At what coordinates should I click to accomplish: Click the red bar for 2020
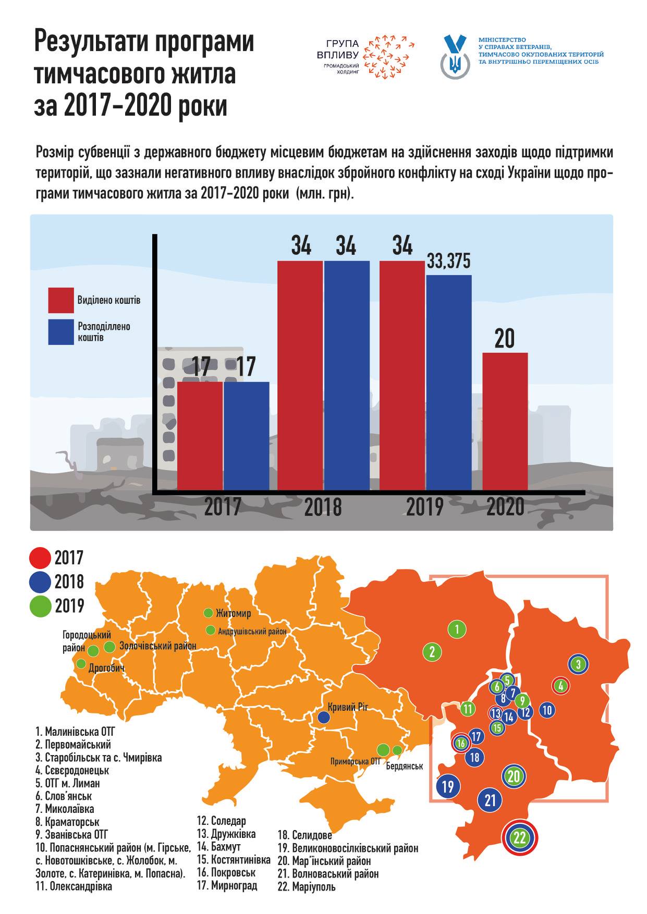click(505, 422)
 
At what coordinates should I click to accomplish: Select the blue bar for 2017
click(247, 436)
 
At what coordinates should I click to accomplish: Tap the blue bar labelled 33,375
click(449, 383)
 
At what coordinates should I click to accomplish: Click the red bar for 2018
click(300, 376)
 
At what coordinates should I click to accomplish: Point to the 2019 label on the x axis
click(424, 507)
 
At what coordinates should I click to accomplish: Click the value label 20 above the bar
click(504, 339)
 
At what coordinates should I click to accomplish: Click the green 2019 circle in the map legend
click(41, 606)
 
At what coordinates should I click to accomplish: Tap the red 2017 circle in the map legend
click(41, 558)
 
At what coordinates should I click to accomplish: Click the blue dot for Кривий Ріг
click(323, 718)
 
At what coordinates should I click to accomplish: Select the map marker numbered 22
click(519, 838)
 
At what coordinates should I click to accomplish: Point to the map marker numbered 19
click(448, 785)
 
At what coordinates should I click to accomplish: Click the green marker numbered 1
click(457, 629)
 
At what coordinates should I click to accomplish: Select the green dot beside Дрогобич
click(81, 663)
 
